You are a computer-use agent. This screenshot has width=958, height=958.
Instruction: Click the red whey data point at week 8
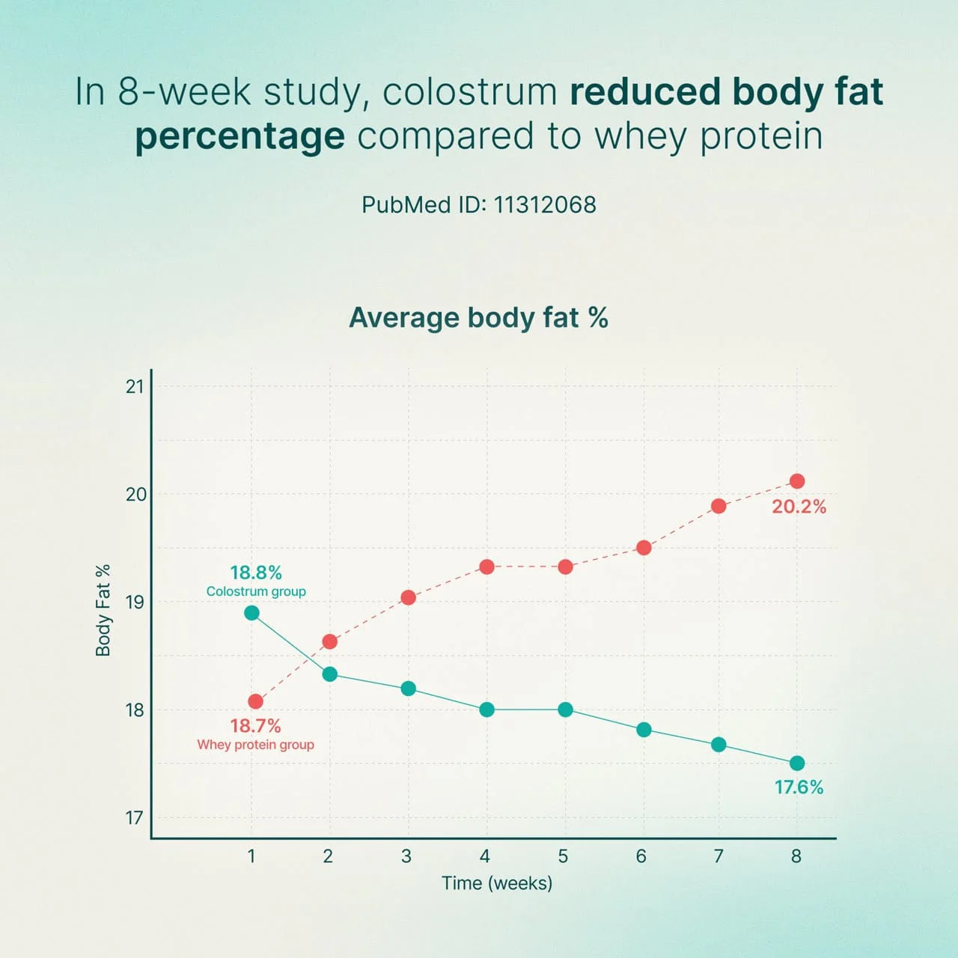point(797,481)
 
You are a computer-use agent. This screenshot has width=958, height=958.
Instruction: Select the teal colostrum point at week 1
point(252,613)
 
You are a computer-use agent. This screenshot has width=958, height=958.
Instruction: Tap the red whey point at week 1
point(256,701)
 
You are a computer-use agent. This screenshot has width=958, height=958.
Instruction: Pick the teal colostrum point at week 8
point(797,763)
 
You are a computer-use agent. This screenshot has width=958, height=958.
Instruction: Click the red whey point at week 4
point(486,567)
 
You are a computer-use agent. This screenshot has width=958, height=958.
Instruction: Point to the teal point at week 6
point(644,730)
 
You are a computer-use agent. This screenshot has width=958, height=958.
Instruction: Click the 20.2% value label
point(799,507)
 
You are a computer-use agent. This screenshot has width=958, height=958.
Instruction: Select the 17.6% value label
point(799,787)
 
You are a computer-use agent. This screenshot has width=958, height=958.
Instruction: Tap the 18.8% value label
point(256,573)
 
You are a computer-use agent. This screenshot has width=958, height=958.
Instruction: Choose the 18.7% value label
point(255,726)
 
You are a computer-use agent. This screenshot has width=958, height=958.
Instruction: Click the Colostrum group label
point(256,591)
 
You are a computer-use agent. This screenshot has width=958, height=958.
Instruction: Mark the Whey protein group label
point(255,745)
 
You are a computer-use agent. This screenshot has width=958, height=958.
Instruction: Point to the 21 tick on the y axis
point(135,386)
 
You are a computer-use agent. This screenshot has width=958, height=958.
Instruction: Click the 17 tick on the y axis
point(135,817)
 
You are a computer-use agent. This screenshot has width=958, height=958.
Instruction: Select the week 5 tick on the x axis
point(563,856)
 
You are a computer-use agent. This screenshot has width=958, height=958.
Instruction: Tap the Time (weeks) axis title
point(497,883)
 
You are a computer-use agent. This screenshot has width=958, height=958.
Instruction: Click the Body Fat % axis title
point(103,611)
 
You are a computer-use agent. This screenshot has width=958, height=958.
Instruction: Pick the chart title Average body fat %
point(478,317)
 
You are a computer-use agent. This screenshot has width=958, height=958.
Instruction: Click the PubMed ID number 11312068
point(545,205)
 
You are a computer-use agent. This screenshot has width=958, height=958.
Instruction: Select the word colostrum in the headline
point(470,91)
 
